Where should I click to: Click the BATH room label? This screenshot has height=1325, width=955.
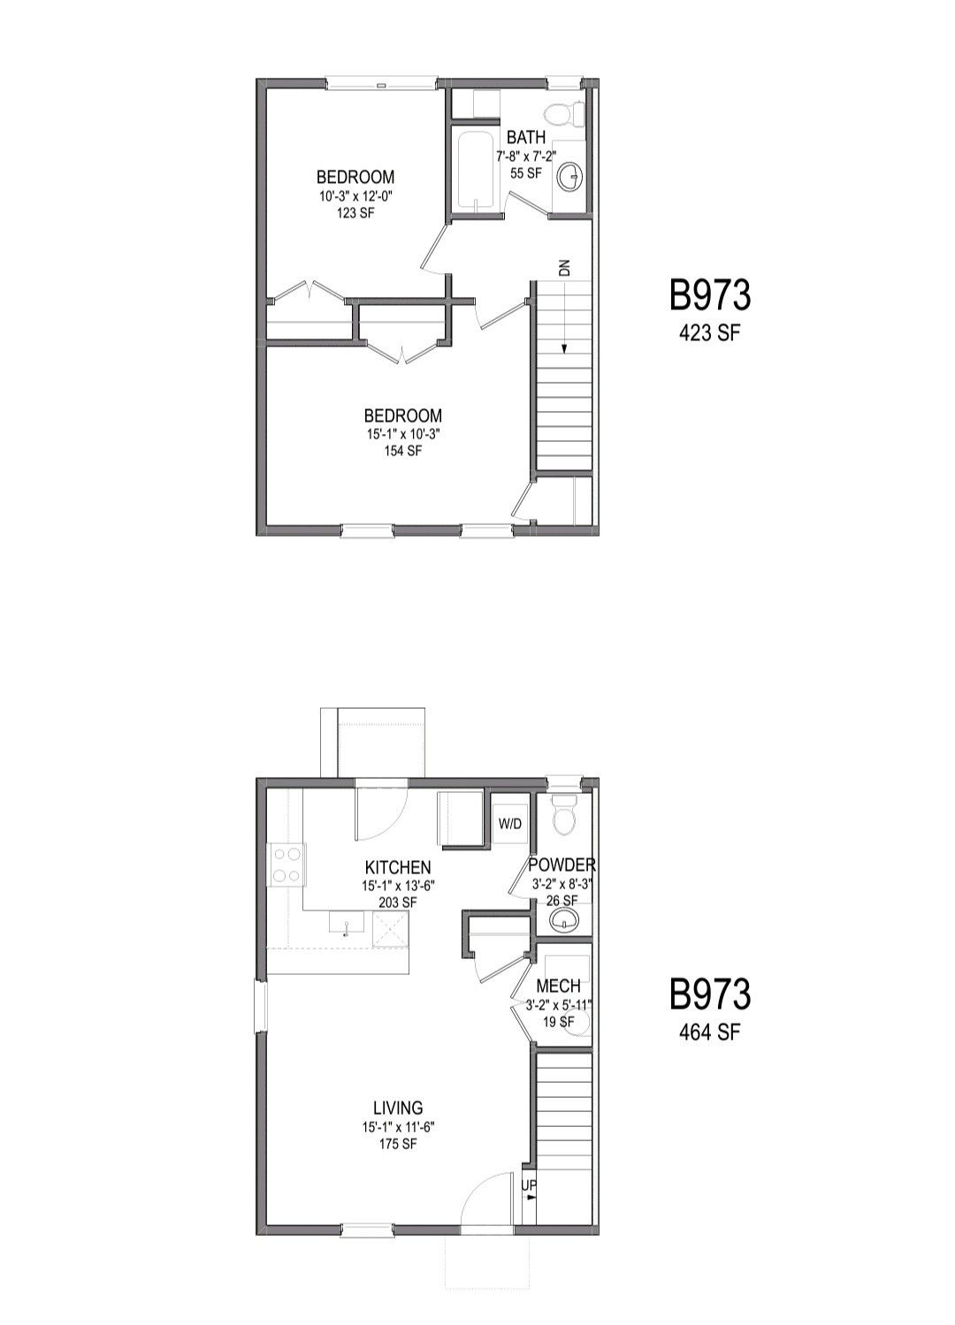525,138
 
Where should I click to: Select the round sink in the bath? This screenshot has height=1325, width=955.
570,177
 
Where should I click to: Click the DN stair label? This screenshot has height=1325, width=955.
564,267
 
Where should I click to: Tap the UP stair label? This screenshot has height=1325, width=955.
528,1184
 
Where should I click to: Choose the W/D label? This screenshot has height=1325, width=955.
510,825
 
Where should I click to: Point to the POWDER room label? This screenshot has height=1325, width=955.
562,864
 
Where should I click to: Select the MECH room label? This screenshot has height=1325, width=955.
559,986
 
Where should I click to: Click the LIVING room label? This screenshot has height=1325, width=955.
398,1108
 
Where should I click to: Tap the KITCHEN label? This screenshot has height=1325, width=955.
398,868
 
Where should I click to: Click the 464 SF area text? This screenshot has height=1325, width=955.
709,1032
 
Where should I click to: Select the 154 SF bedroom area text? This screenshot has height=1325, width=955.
402,451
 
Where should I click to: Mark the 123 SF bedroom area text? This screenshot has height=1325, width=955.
355,212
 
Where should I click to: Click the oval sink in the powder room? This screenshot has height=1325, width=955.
563,924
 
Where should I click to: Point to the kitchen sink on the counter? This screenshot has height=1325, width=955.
346,925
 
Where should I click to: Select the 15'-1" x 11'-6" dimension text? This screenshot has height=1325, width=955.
398,1127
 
